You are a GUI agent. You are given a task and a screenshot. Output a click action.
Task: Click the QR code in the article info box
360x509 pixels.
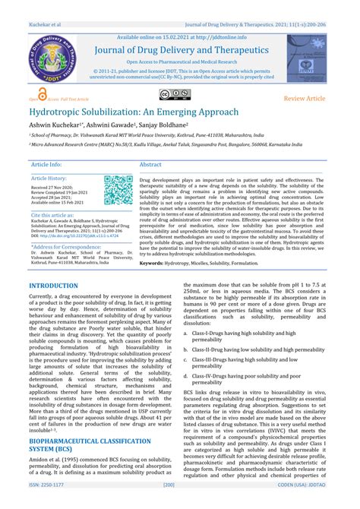tap(118, 191)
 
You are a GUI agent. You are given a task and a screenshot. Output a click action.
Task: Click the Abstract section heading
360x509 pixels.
tap(150, 164)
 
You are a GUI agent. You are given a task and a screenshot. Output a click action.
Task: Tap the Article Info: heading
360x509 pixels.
tap(46, 164)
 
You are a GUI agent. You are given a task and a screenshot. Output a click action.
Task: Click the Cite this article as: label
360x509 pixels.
tap(52, 215)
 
